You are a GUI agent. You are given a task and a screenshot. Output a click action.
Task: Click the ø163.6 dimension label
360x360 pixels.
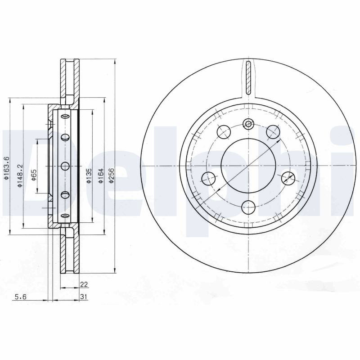[x=6, y=168]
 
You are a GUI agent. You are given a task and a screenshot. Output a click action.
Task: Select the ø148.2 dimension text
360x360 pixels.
[x=20, y=175]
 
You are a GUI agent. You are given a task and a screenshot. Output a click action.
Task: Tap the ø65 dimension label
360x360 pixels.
[x=34, y=175]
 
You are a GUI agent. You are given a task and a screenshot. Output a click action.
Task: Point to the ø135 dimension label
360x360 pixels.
[x=89, y=175]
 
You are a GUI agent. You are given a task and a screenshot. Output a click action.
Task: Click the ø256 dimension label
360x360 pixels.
[x=112, y=175]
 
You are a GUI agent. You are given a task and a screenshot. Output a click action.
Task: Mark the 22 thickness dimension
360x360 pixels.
[x=84, y=284]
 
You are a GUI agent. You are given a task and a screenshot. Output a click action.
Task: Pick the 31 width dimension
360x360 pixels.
[x=84, y=297]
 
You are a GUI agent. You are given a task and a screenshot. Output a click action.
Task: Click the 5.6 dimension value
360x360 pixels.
[x=21, y=297]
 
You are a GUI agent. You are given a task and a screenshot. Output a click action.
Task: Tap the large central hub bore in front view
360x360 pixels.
[x=248, y=166]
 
